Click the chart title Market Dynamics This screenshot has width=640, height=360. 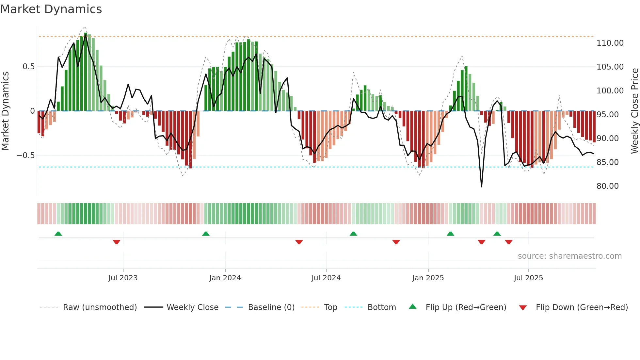point(51,9)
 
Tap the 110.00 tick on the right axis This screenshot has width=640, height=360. point(610,43)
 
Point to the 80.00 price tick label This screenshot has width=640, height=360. point(607,186)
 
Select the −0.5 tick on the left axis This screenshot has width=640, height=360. point(26,155)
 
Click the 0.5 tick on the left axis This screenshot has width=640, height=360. point(28,67)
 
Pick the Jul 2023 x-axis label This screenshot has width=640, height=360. point(123,278)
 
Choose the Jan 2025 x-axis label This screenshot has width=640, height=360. point(428,278)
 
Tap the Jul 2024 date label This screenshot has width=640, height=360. point(326,278)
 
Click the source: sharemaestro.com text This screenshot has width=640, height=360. point(569,256)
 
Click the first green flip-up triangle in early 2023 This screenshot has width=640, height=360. point(58,234)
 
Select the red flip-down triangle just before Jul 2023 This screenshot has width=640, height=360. point(117,242)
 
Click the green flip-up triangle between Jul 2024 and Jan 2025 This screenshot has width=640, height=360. point(353,234)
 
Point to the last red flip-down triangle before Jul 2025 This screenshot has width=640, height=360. point(508,242)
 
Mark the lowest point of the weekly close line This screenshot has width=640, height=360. point(481,187)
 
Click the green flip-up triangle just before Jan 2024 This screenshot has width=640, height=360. point(206,234)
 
